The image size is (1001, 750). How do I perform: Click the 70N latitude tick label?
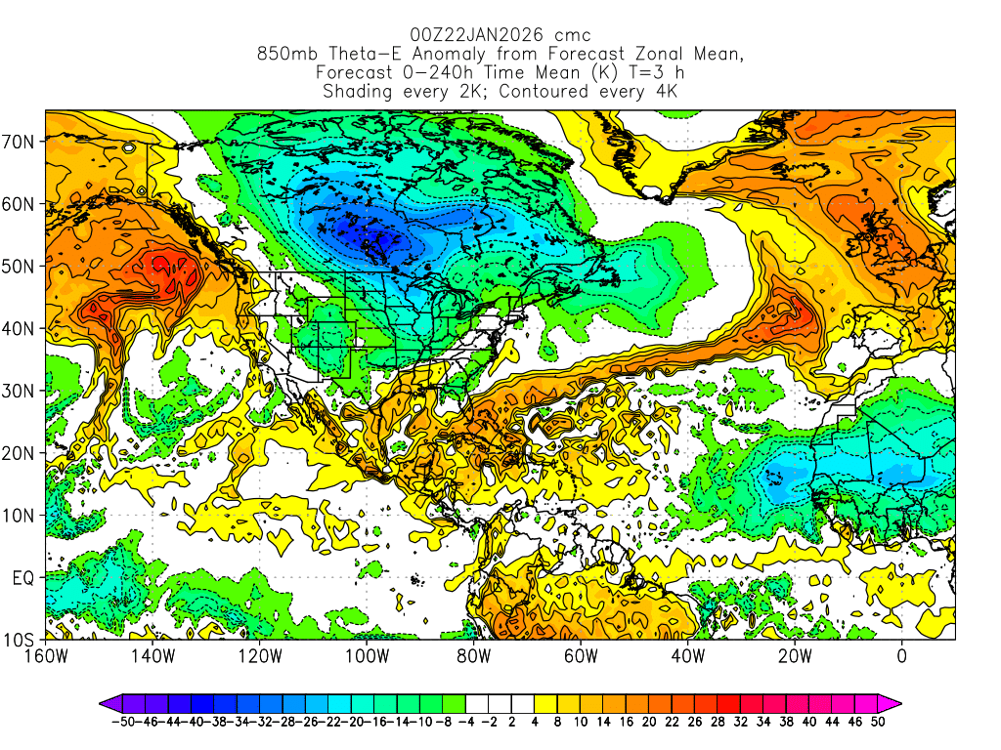[x=20, y=141]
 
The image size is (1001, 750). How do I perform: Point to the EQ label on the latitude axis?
[x=22, y=577]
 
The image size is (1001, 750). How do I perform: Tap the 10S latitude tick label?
[x=20, y=640]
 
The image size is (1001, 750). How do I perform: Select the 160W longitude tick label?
[x=46, y=655]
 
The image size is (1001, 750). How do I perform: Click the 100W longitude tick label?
[x=367, y=655]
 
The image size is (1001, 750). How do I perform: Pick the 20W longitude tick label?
[x=795, y=655]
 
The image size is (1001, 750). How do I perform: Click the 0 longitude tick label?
[x=901, y=655]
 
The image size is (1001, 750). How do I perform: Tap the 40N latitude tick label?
[x=20, y=328]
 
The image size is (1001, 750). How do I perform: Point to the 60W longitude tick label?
[x=581, y=655]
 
